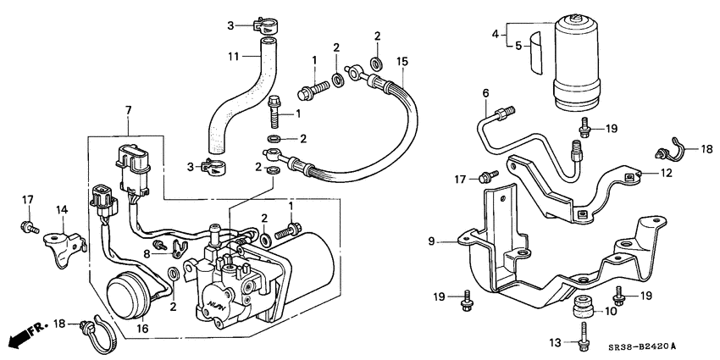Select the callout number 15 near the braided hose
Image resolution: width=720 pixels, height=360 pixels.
pyautogui.click(x=402, y=61)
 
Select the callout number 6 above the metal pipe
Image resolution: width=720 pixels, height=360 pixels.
pyautogui.click(x=486, y=92)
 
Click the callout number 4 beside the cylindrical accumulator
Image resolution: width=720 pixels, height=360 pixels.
pyautogui.click(x=496, y=35)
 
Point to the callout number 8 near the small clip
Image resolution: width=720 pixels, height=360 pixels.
pyautogui.click(x=147, y=252)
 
